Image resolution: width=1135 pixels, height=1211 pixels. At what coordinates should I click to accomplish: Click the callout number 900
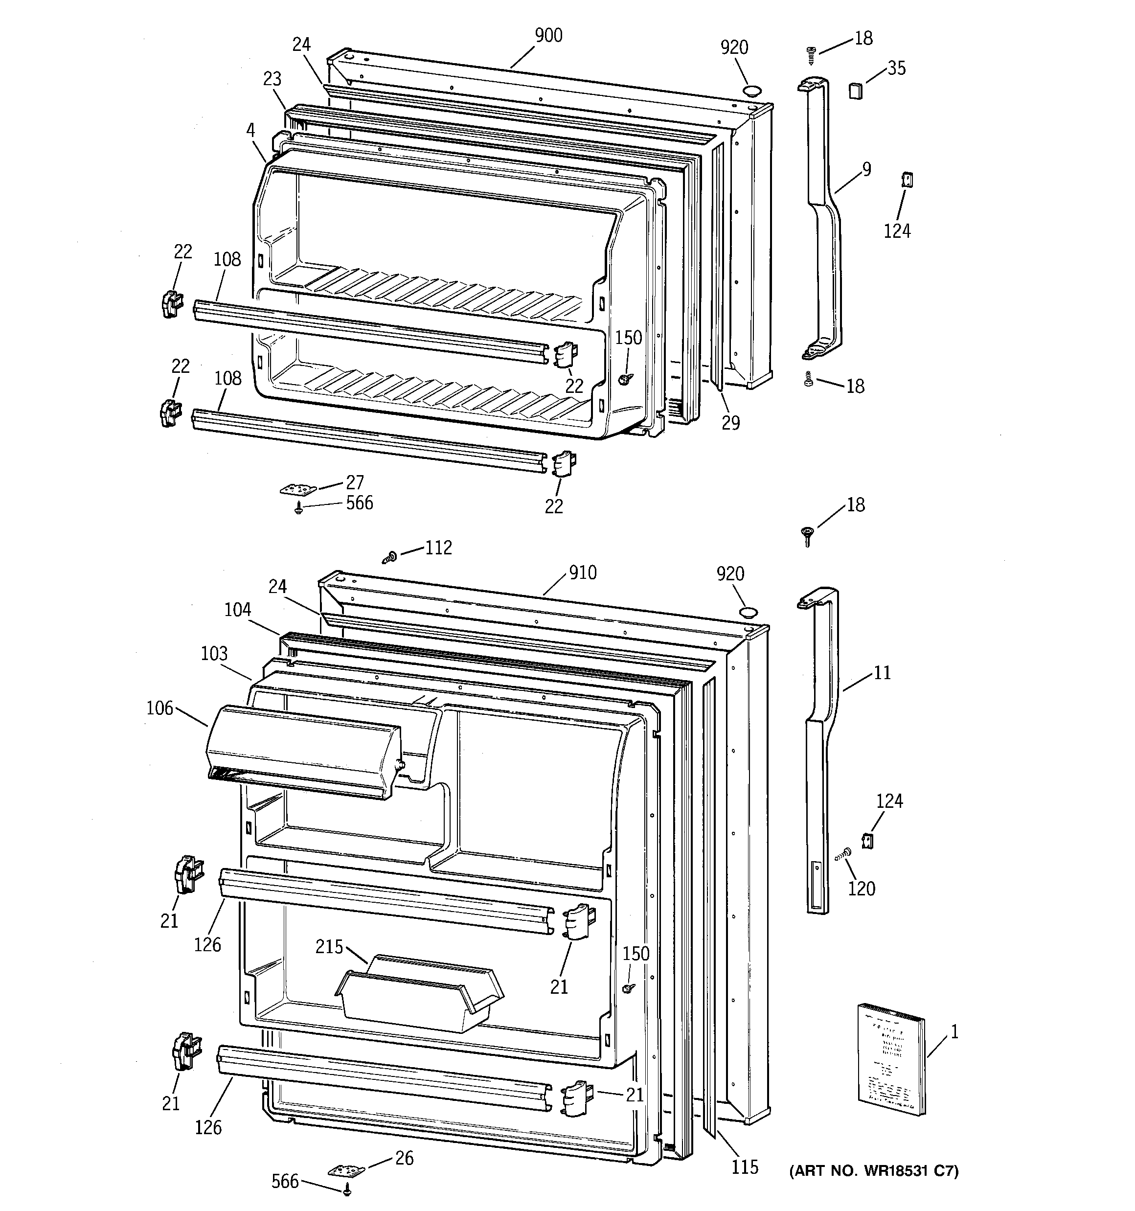coord(548,35)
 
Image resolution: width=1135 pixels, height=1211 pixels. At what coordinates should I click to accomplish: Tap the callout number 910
coord(583,572)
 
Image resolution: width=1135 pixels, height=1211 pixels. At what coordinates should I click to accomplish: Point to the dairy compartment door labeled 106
coord(303,753)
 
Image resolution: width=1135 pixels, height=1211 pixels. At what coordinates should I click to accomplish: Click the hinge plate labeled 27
coord(298,490)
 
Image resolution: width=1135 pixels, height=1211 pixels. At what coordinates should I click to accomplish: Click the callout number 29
coord(730,422)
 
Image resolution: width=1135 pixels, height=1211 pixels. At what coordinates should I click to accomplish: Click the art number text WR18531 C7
coord(874,1171)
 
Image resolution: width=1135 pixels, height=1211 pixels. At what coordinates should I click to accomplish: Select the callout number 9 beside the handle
coord(866,169)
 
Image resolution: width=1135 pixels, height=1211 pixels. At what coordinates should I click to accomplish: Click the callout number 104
coord(237,609)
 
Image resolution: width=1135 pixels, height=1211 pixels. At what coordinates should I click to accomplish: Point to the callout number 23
coord(272,79)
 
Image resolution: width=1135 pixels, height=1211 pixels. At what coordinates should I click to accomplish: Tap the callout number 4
coord(250,130)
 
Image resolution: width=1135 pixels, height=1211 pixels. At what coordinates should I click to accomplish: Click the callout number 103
coord(214,654)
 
